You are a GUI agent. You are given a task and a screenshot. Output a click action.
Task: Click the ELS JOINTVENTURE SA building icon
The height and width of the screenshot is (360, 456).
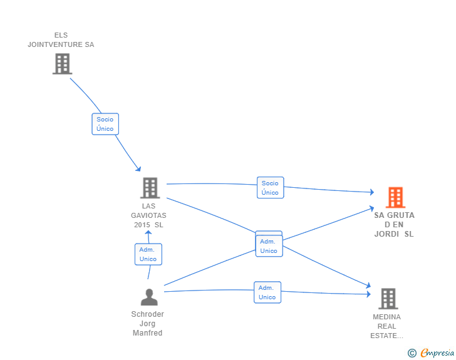tap(62, 64)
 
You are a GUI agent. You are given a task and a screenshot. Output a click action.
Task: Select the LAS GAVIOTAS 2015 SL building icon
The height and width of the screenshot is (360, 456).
tap(150, 188)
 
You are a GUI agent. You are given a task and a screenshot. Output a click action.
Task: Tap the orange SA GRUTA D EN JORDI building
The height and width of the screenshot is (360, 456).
tap(395, 197)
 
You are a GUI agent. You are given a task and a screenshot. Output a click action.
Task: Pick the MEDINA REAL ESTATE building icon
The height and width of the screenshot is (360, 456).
tap(388, 299)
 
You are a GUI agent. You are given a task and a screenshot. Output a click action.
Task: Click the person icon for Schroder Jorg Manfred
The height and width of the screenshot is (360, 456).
tap(149, 297)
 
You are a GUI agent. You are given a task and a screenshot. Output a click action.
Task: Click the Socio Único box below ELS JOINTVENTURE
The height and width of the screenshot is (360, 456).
tap(105, 124)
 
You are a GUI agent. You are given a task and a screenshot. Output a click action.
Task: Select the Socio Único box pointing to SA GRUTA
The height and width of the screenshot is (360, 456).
tap(270, 188)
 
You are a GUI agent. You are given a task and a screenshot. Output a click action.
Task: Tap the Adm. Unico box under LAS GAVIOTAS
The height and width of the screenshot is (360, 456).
tap(148, 254)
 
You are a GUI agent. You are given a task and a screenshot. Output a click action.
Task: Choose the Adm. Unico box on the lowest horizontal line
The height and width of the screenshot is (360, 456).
tap(267, 292)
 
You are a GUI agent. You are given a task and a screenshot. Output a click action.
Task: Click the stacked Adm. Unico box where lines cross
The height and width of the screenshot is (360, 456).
tap(269, 246)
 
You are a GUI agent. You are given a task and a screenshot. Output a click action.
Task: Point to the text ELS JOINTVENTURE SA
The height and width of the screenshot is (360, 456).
tap(61, 40)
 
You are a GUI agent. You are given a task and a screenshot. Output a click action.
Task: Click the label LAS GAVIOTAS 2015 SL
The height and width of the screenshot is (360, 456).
tap(148, 215)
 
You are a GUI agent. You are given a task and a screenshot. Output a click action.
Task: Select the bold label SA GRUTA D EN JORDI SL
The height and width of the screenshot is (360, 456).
tap(394, 225)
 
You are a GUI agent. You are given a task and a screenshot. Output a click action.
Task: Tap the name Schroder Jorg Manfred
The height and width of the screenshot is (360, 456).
tap(147, 323)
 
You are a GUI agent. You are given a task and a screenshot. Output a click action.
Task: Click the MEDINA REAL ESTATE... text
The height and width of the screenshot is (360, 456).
tap(387, 326)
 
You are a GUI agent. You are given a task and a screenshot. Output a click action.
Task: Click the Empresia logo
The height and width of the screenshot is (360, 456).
tap(437, 352)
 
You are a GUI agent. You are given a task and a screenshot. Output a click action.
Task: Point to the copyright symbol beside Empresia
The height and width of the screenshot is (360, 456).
tap(412, 353)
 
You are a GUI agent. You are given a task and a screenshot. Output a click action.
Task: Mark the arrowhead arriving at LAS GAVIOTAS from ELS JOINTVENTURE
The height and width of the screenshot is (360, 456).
tap(138, 168)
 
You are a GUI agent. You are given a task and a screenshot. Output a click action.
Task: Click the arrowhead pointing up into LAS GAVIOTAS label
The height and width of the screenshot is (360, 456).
tap(148, 233)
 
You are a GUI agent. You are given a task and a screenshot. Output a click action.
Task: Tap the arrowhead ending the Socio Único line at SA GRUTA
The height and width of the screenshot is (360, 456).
tap(372, 192)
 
